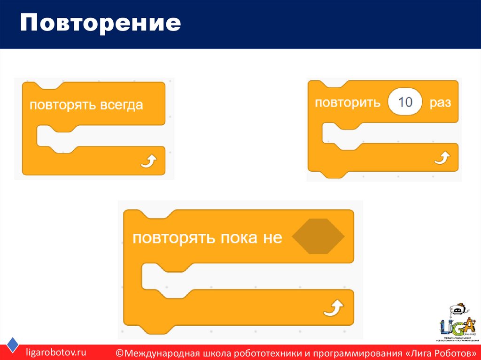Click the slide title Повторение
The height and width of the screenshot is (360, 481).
[x=100, y=23]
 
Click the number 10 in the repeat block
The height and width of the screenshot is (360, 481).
[x=405, y=102]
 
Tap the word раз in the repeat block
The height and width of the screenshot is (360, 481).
[x=440, y=102]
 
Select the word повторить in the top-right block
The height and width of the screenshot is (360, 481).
[x=348, y=102]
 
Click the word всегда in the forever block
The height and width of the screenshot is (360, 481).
[x=121, y=105]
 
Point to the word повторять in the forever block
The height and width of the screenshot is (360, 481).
[x=63, y=105]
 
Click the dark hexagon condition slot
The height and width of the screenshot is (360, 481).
[x=318, y=237]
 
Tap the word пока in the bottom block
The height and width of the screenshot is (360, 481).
[x=234, y=238]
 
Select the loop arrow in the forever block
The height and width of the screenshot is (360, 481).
[x=149, y=162]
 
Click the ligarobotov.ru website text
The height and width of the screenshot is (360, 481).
[x=56, y=352]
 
